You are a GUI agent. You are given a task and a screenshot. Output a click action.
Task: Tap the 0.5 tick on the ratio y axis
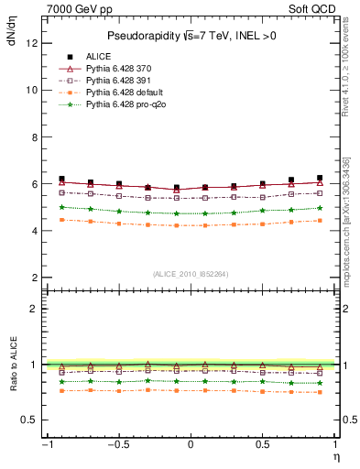[x=33, y=420]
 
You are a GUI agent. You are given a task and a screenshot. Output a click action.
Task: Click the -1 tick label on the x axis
[x=46, y=445]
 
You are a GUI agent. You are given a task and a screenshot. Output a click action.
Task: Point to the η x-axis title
[x=335, y=456]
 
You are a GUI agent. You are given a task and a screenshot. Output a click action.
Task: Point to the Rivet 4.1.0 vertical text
[x=347, y=89]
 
